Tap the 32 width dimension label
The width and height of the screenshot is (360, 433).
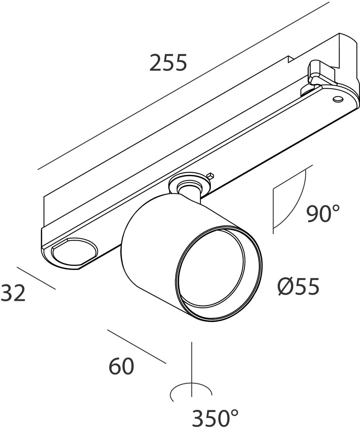click(13, 293)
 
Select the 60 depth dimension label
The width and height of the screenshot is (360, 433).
click(121, 366)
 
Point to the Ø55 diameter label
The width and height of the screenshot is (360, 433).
click(298, 286)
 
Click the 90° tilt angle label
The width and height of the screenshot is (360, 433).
click(323, 214)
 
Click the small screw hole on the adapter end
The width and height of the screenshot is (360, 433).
click(338, 99)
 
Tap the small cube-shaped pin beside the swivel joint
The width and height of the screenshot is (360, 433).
click(210, 176)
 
